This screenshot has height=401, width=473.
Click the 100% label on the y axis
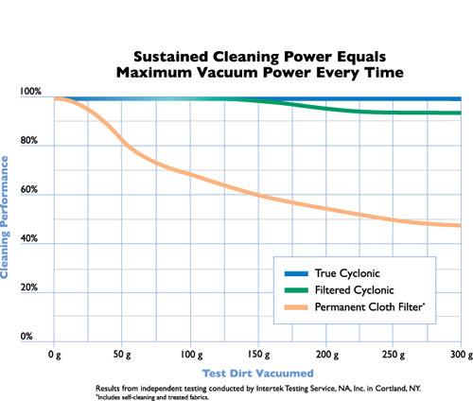[30, 93]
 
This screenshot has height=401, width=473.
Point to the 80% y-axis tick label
[32, 142]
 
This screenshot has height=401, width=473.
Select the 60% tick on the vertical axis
[32, 190]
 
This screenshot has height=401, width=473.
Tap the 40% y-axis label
[32, 239]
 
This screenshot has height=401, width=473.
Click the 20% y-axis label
[32, 288]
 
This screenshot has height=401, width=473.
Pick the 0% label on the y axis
[27, 336]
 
